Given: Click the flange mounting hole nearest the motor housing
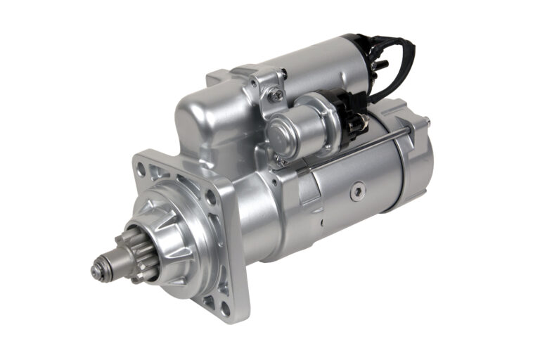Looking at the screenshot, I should click(x=211, y=198).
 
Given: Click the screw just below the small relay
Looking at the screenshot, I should click(x=281, y=161).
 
